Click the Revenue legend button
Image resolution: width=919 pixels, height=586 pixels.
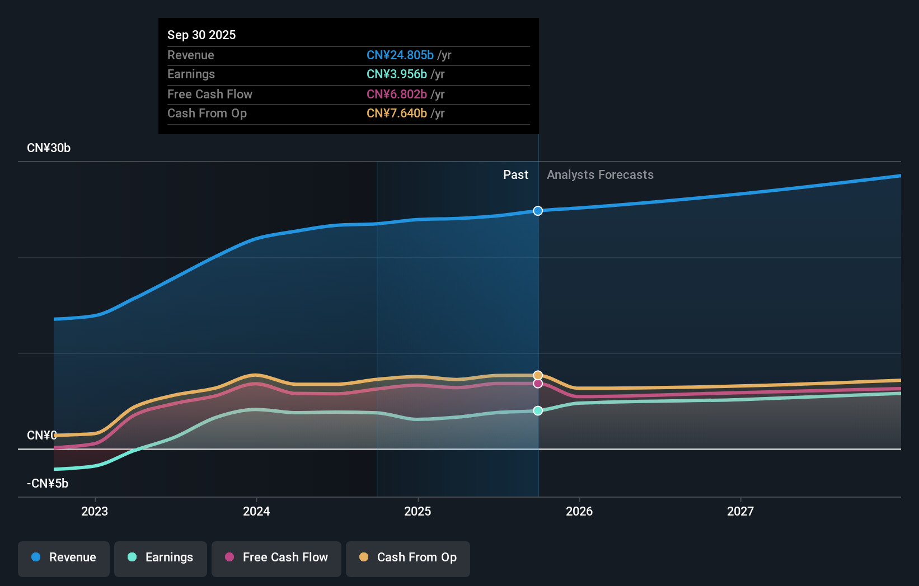click(x=64, y=557)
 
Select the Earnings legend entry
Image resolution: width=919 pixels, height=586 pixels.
click(x=161, y=557)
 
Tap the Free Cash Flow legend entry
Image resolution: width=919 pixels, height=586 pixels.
click(x=276, y=557)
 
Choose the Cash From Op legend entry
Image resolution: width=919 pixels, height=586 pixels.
click(x=408, y=557)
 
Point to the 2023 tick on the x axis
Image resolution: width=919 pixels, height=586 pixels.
click(x=95, y=511)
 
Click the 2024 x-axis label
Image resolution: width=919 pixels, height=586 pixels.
click(x=256, y=511)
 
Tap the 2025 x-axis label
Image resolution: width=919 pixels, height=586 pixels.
click(x=418, y=511)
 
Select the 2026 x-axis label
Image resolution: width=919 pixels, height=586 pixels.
click(x=579, y=511)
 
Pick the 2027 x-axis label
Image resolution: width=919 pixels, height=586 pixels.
click(x=740, y=511)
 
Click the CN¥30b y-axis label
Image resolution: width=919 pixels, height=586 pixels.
click(x=49, y=148)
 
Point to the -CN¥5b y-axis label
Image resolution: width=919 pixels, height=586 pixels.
click(x=48, y=484)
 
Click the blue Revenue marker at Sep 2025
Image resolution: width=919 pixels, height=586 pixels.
click(x=538, y=211)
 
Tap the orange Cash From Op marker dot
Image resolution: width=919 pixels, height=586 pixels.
click(x=538, y=375)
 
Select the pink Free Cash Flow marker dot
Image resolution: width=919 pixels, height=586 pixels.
click(x=538, y=384)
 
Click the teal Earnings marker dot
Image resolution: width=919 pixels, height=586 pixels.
click(x=538, y=410)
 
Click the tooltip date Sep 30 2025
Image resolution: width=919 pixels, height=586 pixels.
click(x=201, y=35)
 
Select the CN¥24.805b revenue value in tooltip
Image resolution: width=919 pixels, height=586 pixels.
click(x=400, y=55)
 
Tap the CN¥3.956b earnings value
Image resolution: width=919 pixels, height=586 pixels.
click(x=396, y=74)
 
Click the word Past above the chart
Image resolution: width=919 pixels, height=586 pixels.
click(x=515, y=175)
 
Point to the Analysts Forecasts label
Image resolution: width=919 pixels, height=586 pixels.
click(x=600, y=175)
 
